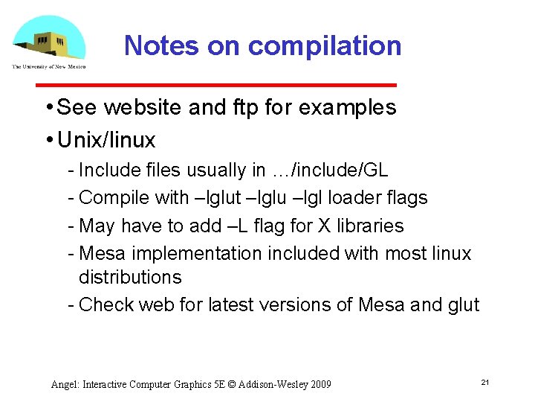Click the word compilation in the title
(325, 46)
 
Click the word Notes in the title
(161, 46)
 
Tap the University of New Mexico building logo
(48, 41)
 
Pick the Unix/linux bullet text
(106, 140)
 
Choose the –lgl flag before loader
(302, 198)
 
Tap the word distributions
(130, 278)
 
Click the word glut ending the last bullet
(464, 305)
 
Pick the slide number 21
(484, 383)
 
